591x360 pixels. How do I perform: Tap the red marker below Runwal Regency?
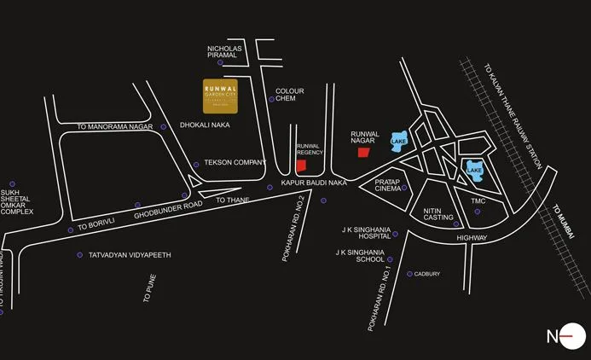(x=300, y=165)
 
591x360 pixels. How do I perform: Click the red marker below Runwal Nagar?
(x=363, y=153)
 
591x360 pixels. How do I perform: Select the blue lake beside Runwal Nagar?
(x=399, y=140)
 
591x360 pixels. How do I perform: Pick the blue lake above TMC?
(x=474, y=169)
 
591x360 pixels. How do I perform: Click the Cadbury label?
(x=428, y=274)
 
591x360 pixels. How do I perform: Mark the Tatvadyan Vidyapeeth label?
(x=130, y=255)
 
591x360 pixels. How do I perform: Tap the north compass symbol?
(x=566, y=335)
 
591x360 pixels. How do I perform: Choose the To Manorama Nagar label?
(x=114, y=126)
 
